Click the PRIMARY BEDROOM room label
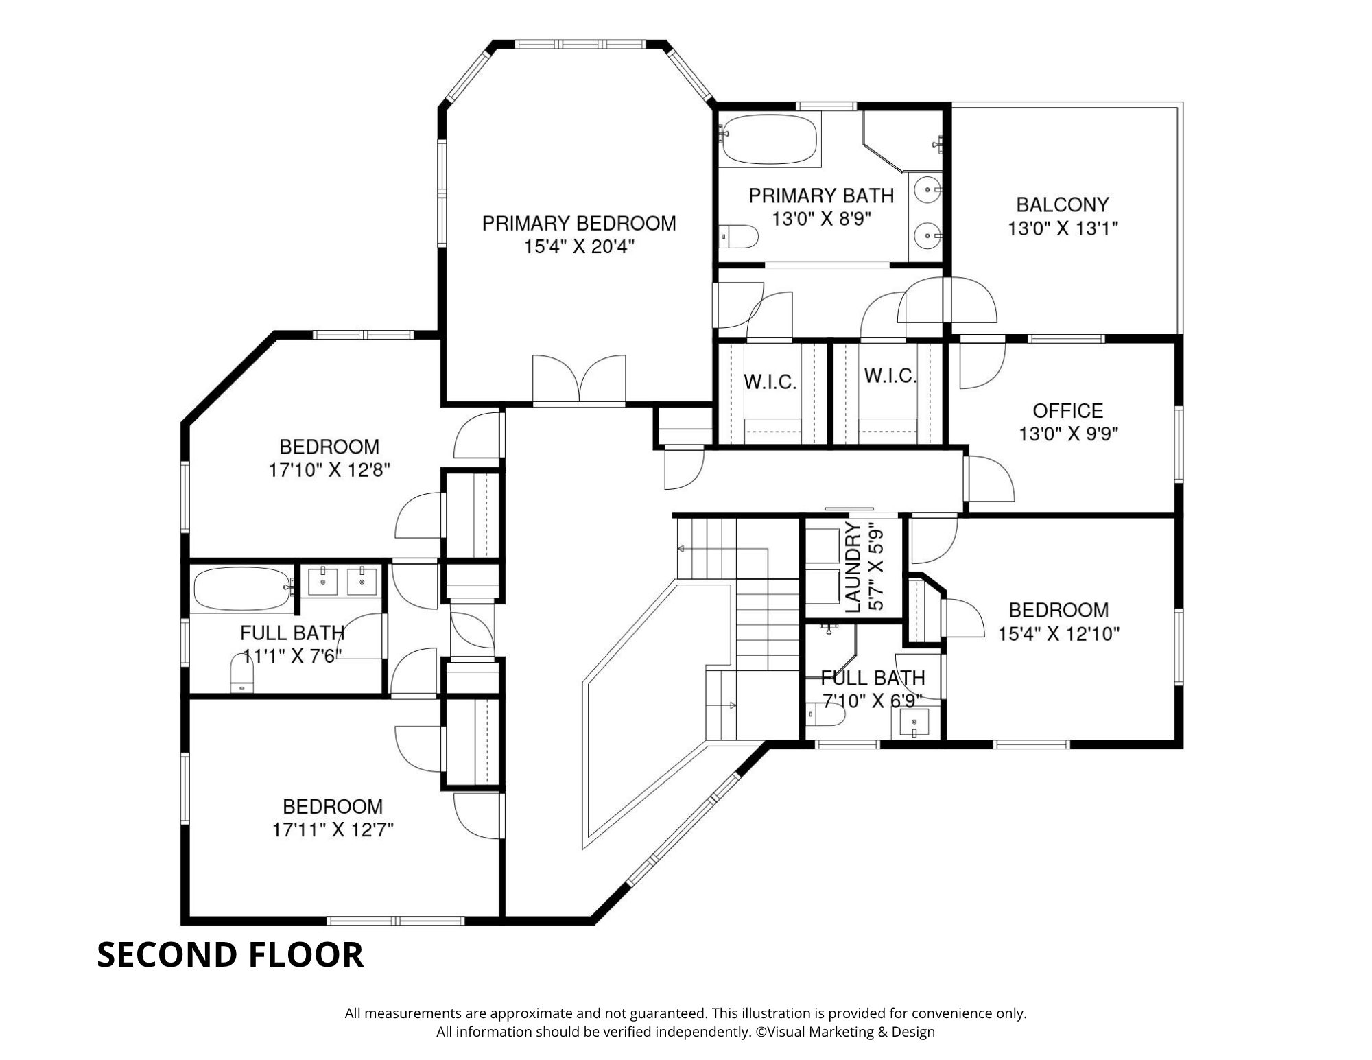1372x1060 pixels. tap(579, 224)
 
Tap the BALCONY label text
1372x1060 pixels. tap(1063, 204)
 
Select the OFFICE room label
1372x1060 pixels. tap(1068, 411)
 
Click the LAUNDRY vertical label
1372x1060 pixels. tap(853, 567)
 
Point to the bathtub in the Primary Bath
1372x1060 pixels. tap(769, 140)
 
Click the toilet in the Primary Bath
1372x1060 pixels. tap(739, 237)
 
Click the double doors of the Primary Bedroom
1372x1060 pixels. tap(579, 379)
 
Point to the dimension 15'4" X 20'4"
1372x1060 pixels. tap(580, 247)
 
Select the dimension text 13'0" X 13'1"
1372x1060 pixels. tap(1063, 228)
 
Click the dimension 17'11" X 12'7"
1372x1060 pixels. tap(333, 830)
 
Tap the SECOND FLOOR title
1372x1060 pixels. tap(230, 954)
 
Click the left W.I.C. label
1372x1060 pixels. tap(770, 383)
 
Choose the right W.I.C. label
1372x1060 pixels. tap(890, 376)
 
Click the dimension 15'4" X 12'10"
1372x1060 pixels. tap(1058, 634)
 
